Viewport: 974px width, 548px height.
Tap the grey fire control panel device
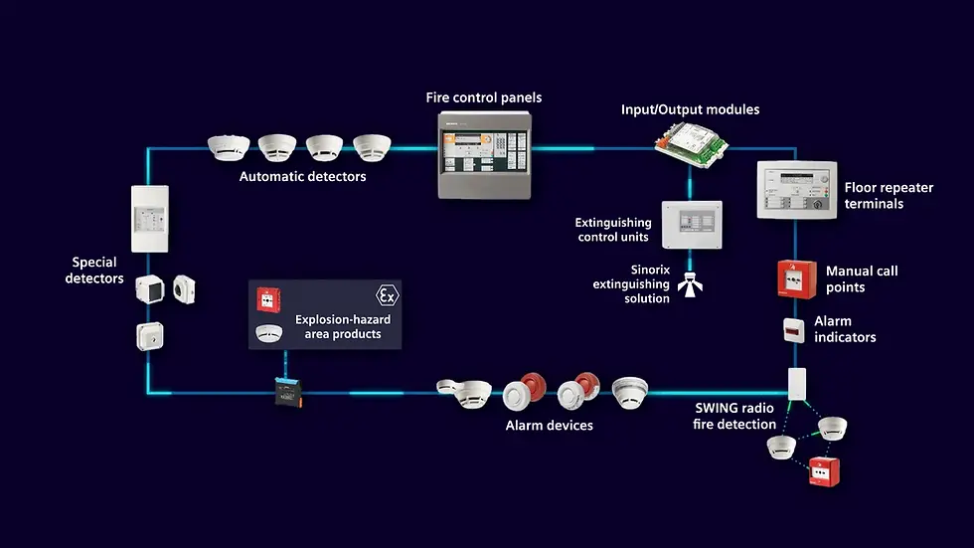click(x=485, y=153)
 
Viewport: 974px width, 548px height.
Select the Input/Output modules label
click(x=690, y=109)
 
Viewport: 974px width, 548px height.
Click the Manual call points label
click(x=862, y=278)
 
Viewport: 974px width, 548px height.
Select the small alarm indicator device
click(x=792, y=330)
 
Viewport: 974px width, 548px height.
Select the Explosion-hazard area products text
click(x=343, y=326)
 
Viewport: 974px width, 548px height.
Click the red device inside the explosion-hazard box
click(x=266, y=298)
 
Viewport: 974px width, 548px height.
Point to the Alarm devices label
click(x=550, y=425)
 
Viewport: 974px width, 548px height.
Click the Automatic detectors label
click(x=302, y=177)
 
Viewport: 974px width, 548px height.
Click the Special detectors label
click(x=94, y=271)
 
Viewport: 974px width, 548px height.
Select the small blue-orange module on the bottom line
click(x=289, y=395)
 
